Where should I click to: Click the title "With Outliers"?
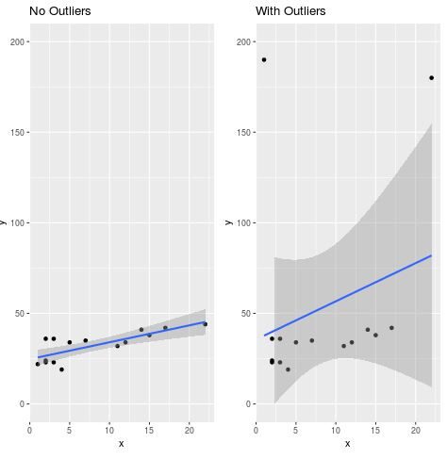pyautogui.click(x=290, y=11)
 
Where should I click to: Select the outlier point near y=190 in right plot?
pyautogui.click(x=264, y=59)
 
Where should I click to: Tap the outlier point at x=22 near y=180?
pyautogui.click(x=432, y=77)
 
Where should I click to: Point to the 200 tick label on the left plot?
pyautogui.click(x=16, y=42)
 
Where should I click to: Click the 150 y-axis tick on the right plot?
pyautogui.click(x=242, y=133)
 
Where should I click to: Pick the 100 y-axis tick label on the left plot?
pyautogui.click(x=16, y=223)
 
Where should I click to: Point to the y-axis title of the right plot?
pyautogui.click(x=229, y=222)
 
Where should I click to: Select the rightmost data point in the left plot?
pyautogui.click(x=205, y=324)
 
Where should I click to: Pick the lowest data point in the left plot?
pyautogui.click(x=61, y=369)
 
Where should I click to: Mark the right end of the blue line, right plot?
pyautogui.click(x=431, y=255)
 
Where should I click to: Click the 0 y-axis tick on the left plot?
pyautogui.click(x=21, y=404)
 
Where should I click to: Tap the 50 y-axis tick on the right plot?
pyautogui.click(x=244, y=314)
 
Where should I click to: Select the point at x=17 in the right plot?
pyautogui.click(x=391, y=328)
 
